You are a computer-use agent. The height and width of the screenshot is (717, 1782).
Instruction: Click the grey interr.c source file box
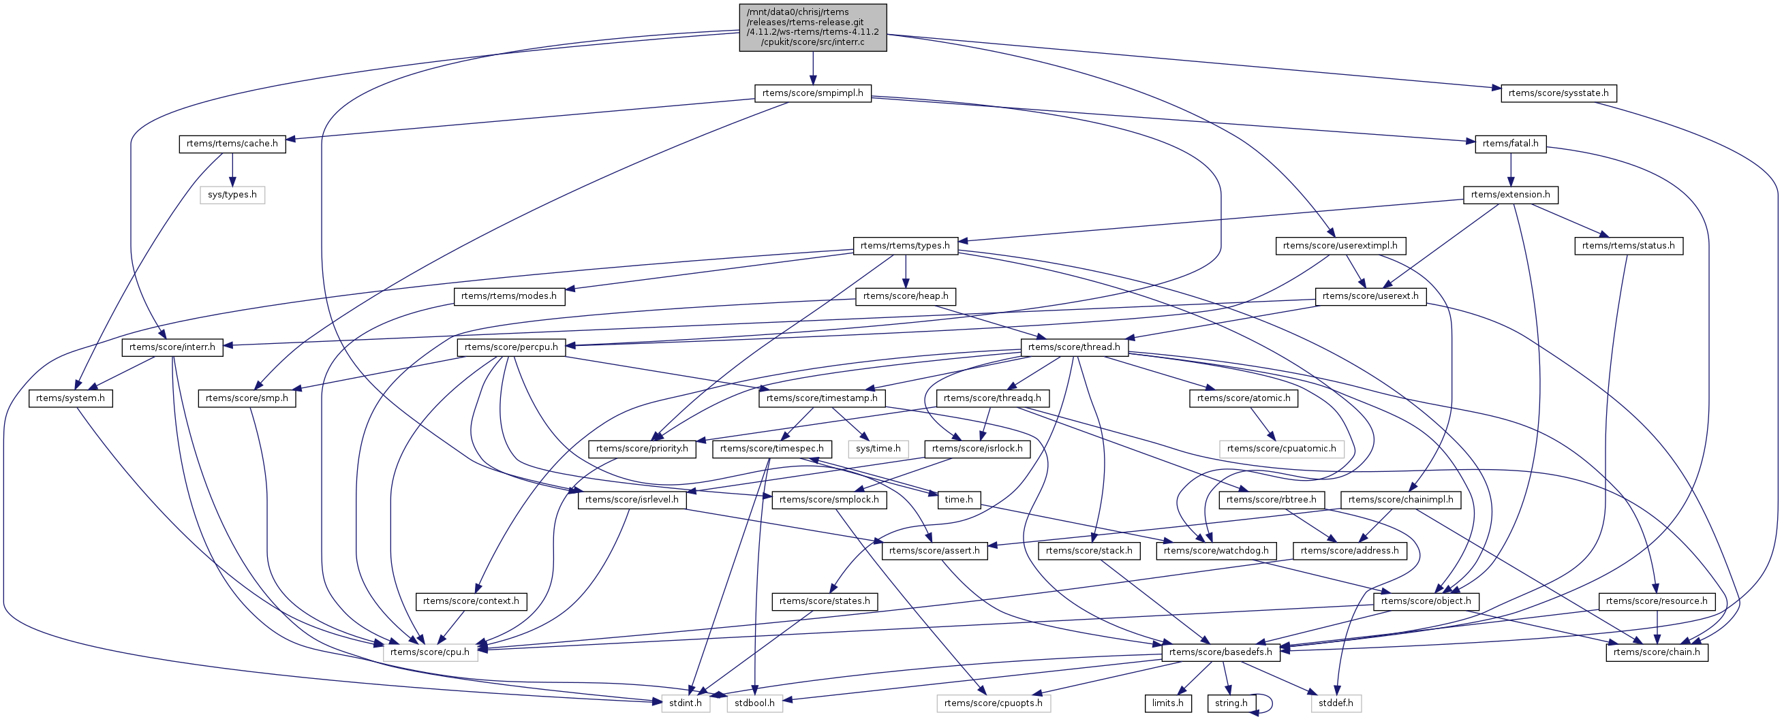[813, 27]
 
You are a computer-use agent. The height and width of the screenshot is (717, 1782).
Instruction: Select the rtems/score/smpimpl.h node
[813, 93]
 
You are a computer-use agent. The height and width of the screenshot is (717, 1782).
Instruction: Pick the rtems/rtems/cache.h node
[232, 144]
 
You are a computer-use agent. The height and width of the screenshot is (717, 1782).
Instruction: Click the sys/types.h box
[232, 195]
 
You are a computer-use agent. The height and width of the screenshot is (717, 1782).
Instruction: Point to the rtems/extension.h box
[1510, 195]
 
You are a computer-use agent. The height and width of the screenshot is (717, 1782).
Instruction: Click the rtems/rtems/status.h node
[1629, 245]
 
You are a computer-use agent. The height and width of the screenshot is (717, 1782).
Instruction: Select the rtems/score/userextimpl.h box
[1340, 245]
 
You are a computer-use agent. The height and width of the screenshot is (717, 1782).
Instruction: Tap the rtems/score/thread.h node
[1073, 347]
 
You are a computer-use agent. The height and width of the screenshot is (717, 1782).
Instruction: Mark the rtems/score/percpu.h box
[511, 347]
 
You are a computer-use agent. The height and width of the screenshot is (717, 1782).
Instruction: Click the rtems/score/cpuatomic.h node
[1281, 449]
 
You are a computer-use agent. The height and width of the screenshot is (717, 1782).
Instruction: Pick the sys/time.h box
[878, 449]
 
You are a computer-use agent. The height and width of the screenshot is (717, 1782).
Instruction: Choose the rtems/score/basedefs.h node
[1221, 652]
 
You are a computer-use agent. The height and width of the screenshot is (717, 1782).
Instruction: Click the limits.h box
[1167, 703]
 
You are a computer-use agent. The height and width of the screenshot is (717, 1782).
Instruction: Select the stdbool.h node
[754, 703]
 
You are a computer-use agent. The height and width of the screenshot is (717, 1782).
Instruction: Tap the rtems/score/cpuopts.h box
[994, 703]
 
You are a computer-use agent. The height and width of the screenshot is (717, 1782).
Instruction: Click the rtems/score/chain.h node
[1656, 652]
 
